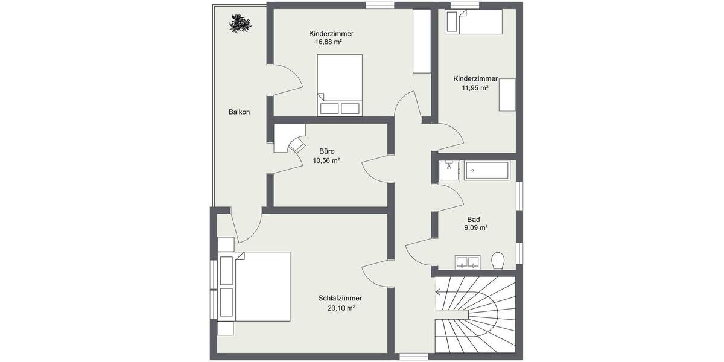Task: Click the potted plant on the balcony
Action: (240, 24)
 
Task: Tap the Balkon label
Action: (239, 112)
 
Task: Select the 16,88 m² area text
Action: (329, 43)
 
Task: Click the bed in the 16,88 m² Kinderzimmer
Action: (340, 84)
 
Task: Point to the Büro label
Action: (326, 151)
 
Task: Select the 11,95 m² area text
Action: (475, 87)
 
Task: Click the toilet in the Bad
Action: (498, 261)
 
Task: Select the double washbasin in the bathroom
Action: (468, 262)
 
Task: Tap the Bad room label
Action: (474, 220)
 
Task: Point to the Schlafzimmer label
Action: (340, 298)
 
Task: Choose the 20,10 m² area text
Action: (340, 308)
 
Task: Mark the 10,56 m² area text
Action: (326, 160)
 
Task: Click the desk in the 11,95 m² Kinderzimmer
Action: (507, 95)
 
